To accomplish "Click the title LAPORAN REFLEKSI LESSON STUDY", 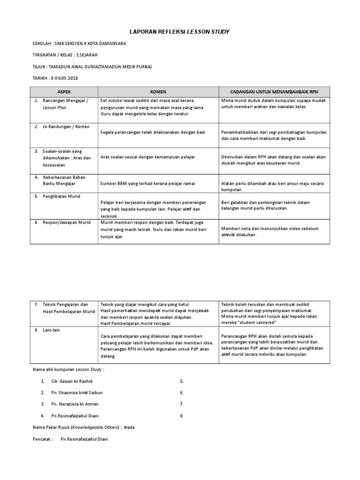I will (180, 31).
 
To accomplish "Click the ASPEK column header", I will (64, 92).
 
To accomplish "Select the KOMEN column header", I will (158, 92).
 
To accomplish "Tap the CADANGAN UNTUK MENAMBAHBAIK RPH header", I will (275, 92).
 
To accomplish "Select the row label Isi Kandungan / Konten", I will (66, 127).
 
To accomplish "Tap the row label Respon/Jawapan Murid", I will (67, 222).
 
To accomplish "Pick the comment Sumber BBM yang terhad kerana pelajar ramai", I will (147, 183).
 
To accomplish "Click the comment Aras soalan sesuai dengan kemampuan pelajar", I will (148, 157).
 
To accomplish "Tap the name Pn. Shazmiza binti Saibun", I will (77, 392).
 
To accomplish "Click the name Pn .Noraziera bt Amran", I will (75, 404).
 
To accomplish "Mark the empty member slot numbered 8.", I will (182, 415).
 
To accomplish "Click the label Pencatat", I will (42, 439).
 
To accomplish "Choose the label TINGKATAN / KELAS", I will (53, 55).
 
